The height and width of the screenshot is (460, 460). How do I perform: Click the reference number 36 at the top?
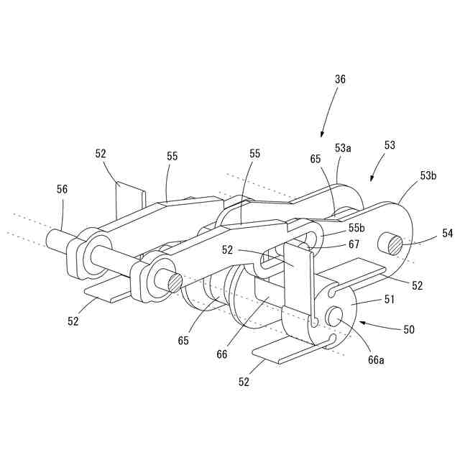point(340,80)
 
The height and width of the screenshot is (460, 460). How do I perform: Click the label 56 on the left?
point(63,188)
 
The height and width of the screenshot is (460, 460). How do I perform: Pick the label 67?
point(354,244)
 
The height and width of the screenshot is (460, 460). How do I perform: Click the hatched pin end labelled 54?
point(395,245)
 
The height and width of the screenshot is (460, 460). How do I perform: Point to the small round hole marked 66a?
point(336,314)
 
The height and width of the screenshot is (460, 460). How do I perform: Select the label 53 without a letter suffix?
point(390,144)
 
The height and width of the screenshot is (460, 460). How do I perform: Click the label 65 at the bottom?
point(183,341)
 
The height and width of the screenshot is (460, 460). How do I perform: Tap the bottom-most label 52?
point(244,382)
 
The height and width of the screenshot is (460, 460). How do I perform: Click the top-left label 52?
point(101,153)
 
